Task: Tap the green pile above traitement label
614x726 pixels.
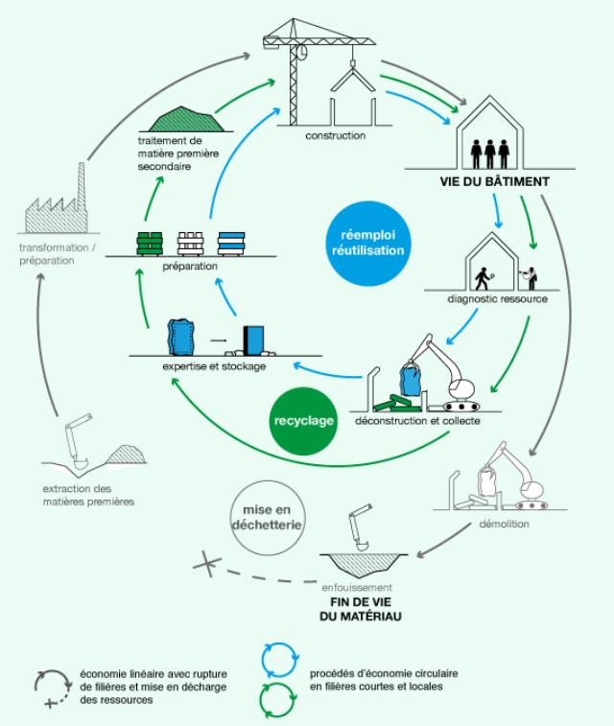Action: [x=188, y=121]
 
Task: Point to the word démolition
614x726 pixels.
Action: [x=503, y=524]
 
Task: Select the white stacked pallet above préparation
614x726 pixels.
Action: [x=191, y=242]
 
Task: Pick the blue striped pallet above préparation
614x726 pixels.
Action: [x=233, y=242]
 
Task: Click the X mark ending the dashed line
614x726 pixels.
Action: [x=203, y=564]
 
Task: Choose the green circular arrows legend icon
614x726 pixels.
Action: [x=278, y=699]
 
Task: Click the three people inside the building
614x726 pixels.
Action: [x=490, y=152]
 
